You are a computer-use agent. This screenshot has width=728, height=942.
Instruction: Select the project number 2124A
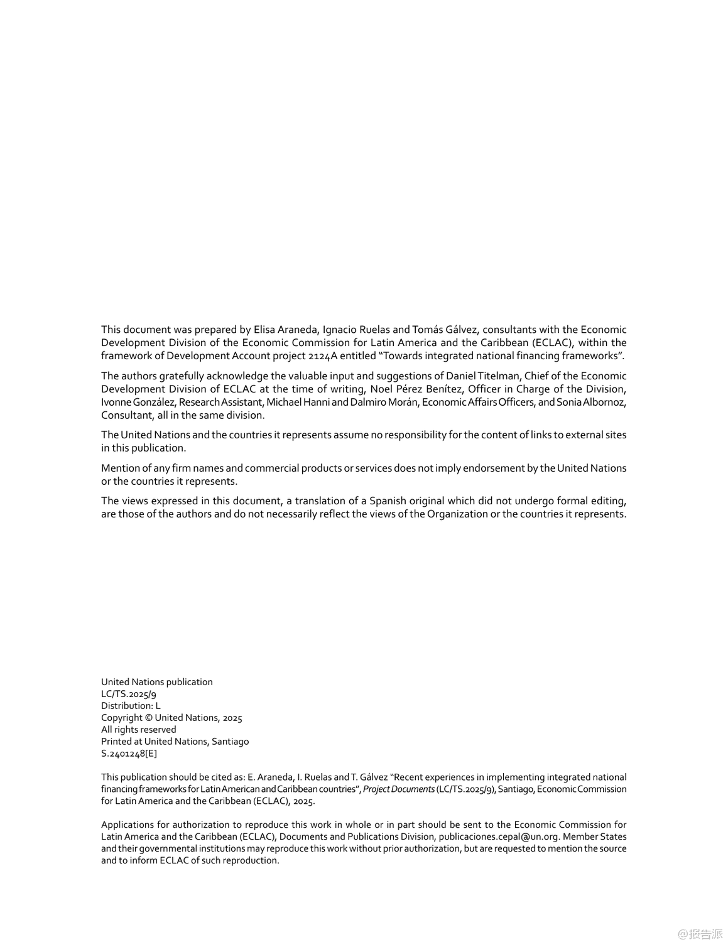point(323,356)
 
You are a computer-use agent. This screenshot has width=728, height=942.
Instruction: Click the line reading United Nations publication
point(157,682)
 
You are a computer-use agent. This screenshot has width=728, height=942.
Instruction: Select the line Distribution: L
point(131,706)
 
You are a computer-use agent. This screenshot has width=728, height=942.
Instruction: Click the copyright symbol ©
point(149,718)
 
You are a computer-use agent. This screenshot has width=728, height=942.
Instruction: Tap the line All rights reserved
point(139,730)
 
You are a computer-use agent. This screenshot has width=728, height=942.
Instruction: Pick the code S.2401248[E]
point(129,754)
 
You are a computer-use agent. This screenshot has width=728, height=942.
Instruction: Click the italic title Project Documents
point(399,789)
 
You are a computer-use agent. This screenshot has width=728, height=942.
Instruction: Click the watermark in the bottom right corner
point(700,934)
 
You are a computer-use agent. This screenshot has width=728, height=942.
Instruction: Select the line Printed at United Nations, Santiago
point(175,742)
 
